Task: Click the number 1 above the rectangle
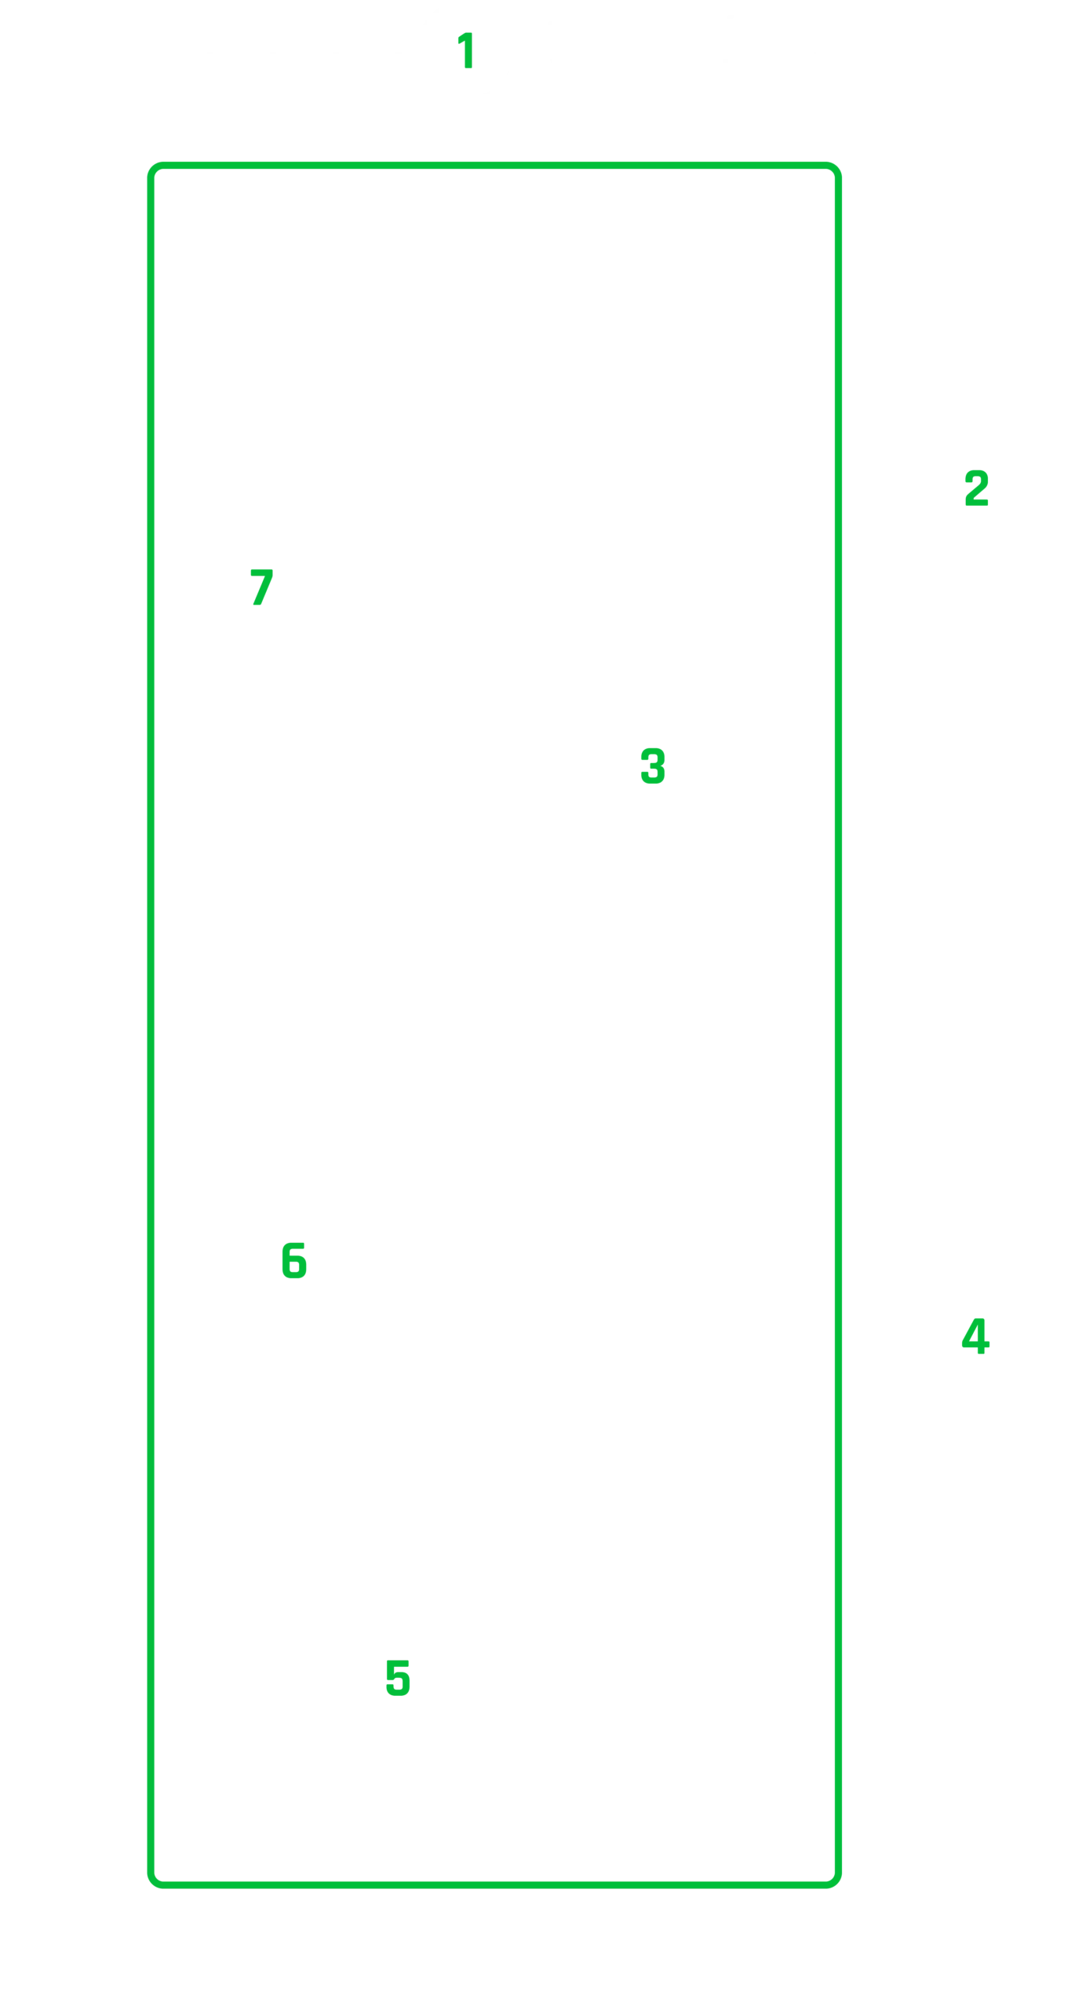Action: point(465,49)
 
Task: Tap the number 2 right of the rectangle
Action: point(976,488)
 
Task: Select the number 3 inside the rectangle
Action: point(653,766)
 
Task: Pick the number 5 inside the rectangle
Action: point(398,1678)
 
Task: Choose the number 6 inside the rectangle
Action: point(294,1260)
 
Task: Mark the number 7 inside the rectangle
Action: point(261,587)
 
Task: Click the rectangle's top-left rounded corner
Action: point(154,168)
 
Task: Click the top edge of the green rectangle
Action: point(494,165)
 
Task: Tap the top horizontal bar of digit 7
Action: point(261,572)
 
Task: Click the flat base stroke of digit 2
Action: point(977,502)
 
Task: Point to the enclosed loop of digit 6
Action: point(294,1266)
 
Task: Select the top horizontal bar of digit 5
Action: point(398,1663)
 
